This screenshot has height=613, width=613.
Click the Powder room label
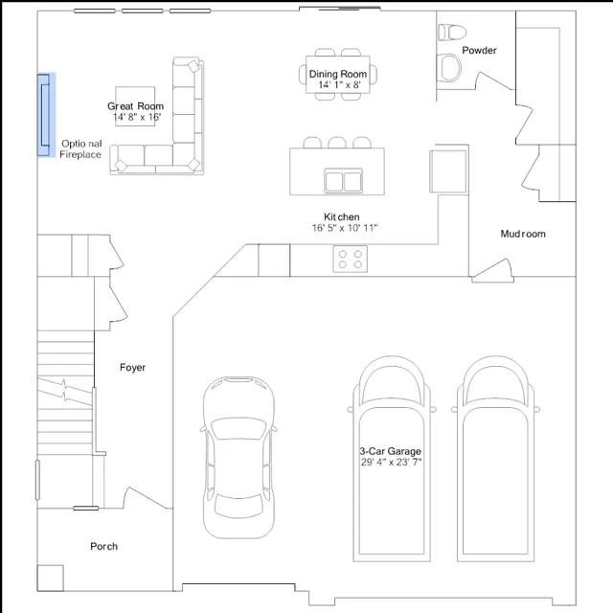pos(479,50)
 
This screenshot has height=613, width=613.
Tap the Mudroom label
pos(523,234)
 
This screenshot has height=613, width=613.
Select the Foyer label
pos(132,368)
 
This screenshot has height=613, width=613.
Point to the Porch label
pos(103,546)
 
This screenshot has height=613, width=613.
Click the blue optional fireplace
pos(46,115)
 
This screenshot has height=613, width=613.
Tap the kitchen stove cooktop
pos(350,259)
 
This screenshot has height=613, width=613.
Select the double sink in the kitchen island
pos(343,181)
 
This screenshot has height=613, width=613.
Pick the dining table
pos(338,75)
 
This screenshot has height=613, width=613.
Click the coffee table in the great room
pos(135,106)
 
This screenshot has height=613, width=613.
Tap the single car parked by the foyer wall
pos(238,458)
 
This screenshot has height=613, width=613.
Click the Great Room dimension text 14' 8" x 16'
pos(137,117)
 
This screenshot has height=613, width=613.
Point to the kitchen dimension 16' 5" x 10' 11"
pos(345,228)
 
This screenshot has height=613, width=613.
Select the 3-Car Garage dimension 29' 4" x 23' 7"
pos(391,462)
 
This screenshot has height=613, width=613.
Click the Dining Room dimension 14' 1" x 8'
pos(339,85)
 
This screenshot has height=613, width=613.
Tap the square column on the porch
pos(50,579)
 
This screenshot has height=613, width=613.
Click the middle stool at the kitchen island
pos(337,143)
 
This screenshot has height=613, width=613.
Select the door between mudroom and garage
pos(492,270)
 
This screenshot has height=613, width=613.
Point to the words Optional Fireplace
pos(80,149)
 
